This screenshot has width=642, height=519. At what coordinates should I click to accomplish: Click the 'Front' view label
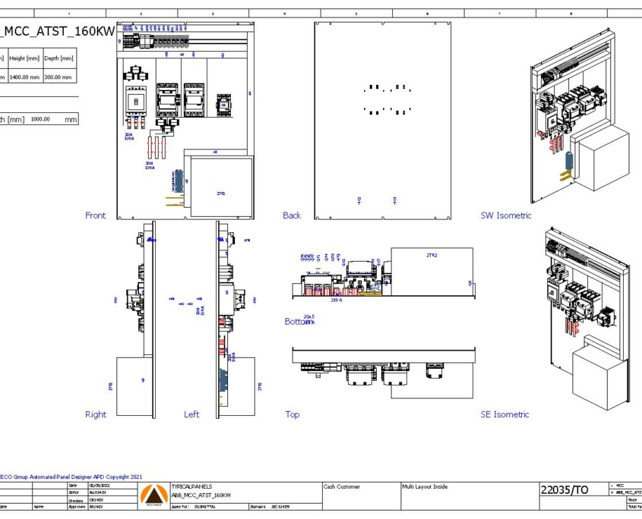(96, 215)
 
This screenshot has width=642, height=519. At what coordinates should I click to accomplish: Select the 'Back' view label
(292, 215)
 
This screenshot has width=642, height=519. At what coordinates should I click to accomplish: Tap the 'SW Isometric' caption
(506, 215)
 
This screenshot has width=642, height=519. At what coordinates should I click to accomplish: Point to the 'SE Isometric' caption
(504, 414)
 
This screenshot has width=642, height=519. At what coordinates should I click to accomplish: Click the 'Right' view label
(96, 414)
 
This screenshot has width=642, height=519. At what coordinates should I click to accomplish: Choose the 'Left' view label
(191, 414)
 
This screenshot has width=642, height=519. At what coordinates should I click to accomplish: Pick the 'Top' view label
(292, 414)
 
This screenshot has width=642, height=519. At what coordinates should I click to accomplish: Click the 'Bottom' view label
(297, 322)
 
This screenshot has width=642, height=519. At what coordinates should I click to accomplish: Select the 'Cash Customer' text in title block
(342, 486)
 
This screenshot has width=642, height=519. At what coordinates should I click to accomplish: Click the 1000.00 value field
(40, 119)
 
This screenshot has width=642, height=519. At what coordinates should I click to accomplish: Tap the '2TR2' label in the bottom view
(432, 256)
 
